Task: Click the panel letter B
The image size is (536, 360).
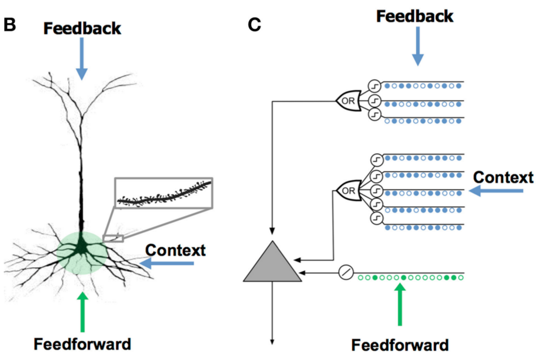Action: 9,25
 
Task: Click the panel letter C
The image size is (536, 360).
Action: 254,25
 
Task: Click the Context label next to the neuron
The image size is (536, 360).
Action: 175,250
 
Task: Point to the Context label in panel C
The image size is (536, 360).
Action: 503,177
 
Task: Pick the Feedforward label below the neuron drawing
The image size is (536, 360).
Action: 82,344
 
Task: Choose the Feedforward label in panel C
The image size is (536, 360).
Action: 400,345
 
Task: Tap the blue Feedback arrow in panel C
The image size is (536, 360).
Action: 418,47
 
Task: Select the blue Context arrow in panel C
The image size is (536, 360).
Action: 496,191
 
